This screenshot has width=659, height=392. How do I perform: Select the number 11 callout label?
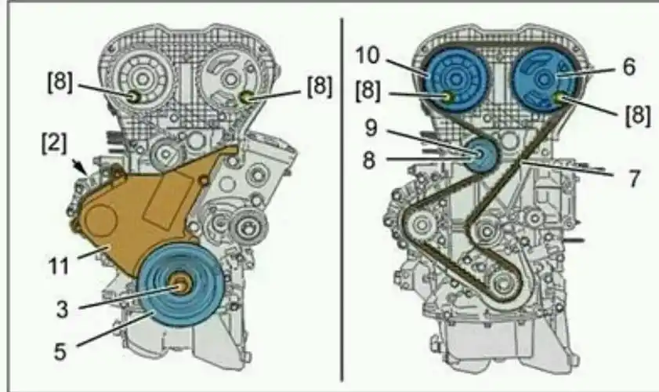(x=59, y=266)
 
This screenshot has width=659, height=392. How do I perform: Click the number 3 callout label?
(x=62, y=309)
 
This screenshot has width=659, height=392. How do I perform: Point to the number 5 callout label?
(x=60, y=351)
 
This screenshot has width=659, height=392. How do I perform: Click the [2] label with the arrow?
(x=54, y=143)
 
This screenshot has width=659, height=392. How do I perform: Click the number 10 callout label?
(x=368, y=55)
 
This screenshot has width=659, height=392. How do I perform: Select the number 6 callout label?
(x=628, y=67)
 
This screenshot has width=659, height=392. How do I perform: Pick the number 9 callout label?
(x=371, y=129)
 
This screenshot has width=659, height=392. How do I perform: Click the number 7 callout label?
(x=634, y=178)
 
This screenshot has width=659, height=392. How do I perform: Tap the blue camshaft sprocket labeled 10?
(x=454, y=79)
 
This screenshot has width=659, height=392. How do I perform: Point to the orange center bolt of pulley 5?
(x=182, y=286)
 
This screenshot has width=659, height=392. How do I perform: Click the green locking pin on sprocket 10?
(x=450, y=97)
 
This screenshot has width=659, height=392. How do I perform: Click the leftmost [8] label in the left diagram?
(x=60, y=82)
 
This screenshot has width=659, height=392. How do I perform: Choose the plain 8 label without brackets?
(x=369, y=160)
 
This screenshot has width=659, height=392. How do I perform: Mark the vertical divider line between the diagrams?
(x=342, y=200)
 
